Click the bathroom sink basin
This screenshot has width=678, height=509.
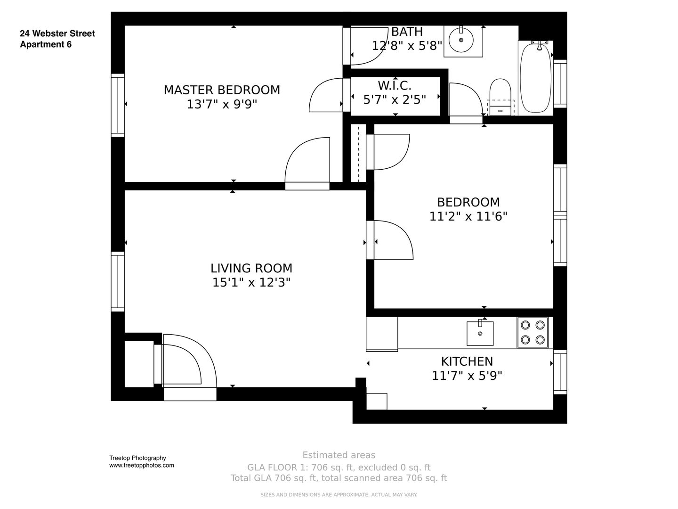tap(461, 40)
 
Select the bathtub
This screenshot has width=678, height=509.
tap(535, 78)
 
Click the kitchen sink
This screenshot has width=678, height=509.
tap(480, 333)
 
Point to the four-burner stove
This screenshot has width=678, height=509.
tap(533, 332)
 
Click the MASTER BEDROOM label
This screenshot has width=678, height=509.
tap(222, 90)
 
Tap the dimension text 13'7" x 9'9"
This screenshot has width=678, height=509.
tap(222, 104)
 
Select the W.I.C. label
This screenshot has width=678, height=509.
tap(395, 86)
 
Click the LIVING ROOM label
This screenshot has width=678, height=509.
tap(251, 268)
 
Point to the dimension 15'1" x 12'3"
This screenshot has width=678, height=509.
tap(251, 282)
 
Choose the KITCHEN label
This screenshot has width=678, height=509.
tap(467, 361)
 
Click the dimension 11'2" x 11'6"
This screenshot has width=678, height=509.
tap(468, 216)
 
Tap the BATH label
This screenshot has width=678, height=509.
tap(407, 32)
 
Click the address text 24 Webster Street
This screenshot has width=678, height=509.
tap(57, 33)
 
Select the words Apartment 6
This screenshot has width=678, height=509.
tap(46, 44)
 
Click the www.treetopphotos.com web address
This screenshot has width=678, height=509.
tap(141, 465)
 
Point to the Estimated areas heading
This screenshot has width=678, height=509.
tap(339, 455)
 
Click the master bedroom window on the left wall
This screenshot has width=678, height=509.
tap(118, 105)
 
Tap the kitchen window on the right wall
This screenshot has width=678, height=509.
tap(560, 372)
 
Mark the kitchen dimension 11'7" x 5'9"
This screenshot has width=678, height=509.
tap(467, 376)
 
